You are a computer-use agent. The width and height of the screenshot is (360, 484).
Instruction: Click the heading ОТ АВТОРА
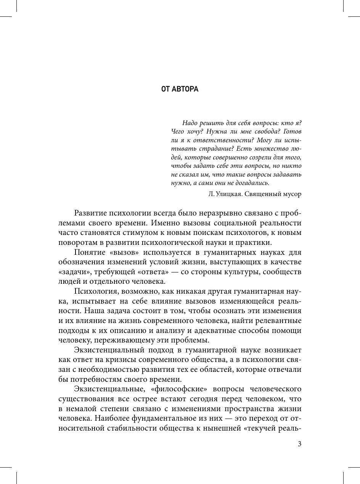pos(180,89)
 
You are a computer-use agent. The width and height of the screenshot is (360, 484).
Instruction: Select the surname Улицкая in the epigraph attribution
pos(230,194)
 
